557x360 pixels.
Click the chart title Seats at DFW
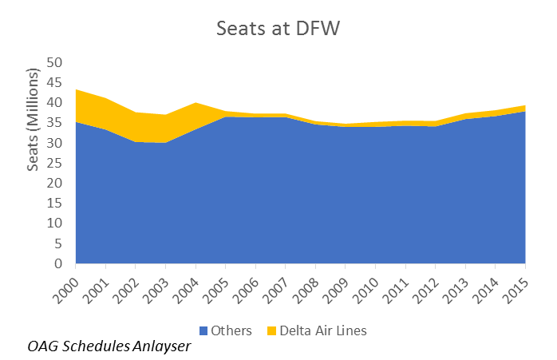(278, 29)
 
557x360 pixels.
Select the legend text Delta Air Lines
(324, 330)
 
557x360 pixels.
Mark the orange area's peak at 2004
(196, 103)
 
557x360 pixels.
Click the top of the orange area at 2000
(77, 90)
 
